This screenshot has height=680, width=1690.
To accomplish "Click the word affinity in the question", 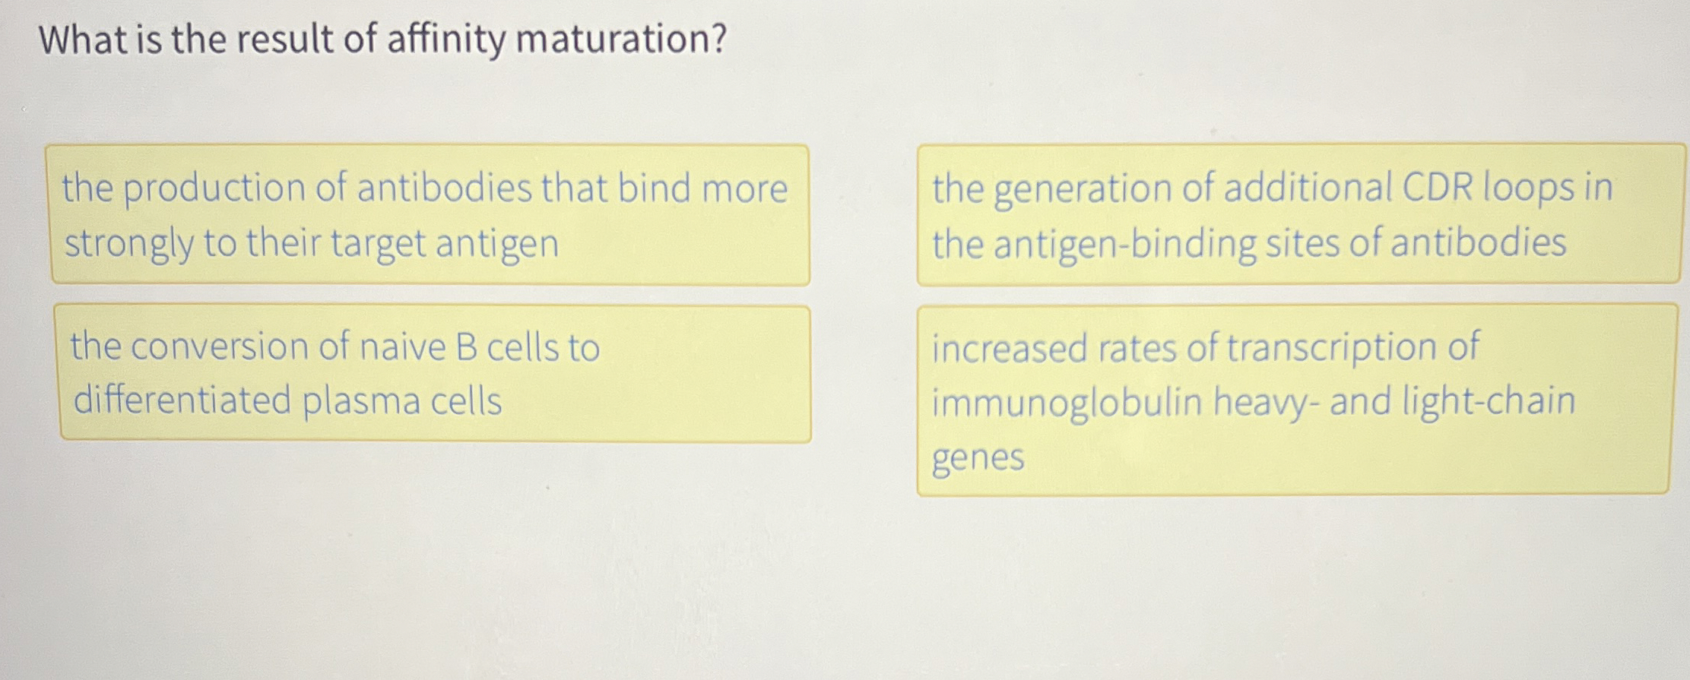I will (445, 40).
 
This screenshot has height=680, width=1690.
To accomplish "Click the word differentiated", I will (182, 400).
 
